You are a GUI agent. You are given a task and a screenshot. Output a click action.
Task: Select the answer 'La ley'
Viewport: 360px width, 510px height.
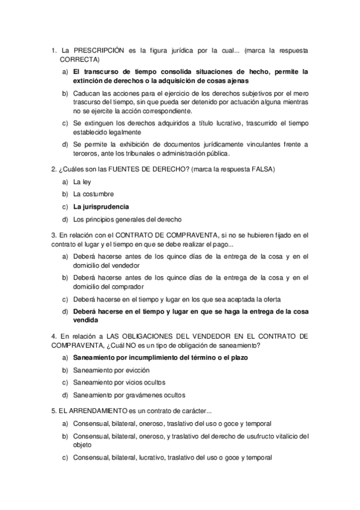tap(82, 181)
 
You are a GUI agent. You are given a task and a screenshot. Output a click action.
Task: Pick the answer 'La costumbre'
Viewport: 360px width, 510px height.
tap(93, 194)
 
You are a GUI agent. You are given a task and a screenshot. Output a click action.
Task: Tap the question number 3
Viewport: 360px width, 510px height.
tap(53, 235)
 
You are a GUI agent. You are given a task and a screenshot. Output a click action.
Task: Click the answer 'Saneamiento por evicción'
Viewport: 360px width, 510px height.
tap(111, 370)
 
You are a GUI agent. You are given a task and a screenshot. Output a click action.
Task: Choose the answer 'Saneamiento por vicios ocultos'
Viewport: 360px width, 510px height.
tap(119, 382)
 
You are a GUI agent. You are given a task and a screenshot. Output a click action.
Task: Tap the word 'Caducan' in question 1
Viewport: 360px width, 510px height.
tap(87, 94)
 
